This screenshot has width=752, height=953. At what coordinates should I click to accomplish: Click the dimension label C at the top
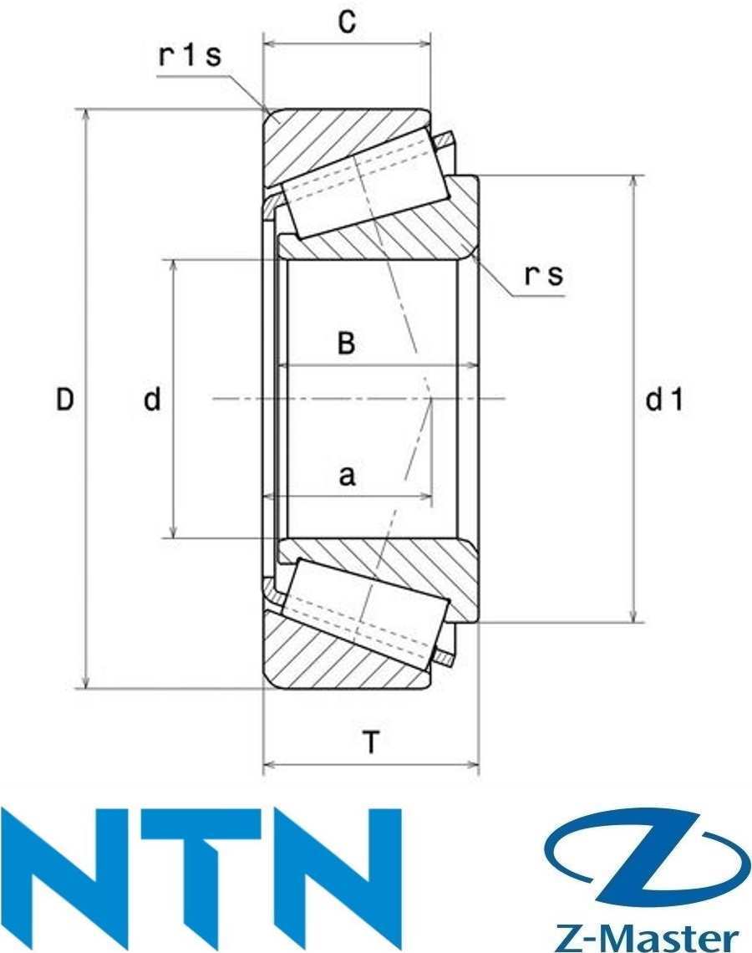point(347,23)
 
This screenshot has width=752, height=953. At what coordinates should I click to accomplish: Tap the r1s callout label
point(190,56)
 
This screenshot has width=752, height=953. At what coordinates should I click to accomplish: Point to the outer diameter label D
point(65,400)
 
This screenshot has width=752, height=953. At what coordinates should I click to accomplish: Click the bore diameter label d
point(151,400)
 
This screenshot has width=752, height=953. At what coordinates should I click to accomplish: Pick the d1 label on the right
point(665,400)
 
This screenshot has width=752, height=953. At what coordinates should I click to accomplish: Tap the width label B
point(346,344)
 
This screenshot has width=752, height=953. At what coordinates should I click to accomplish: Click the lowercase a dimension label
point(346,476)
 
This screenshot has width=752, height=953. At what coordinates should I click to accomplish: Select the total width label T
point(371,741)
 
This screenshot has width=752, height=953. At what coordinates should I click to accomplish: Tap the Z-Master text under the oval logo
point(648,935)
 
